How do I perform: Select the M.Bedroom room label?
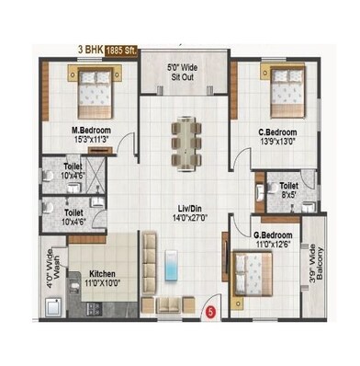(x=92, y=131)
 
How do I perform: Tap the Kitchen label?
(x=103, y=272)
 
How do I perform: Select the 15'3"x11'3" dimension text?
(x=92, y=141)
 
